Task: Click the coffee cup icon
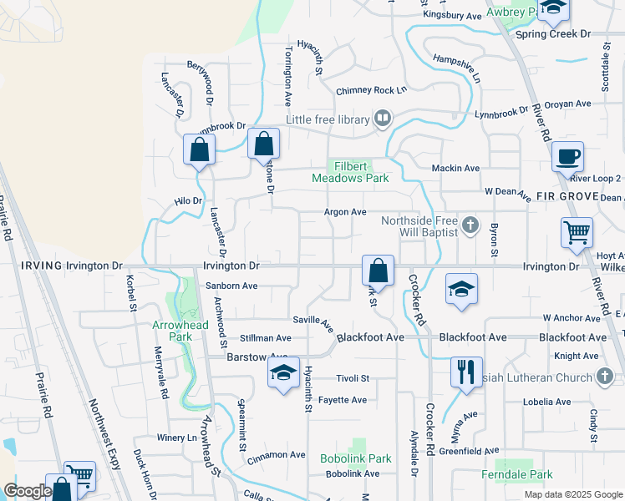coord(567,156)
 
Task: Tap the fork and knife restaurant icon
coord(465,371)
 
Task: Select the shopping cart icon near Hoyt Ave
coord(577,233)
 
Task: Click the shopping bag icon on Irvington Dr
coord(378,271)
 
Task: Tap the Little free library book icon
coord(383,119)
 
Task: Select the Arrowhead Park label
coord(172,331)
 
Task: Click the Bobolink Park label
coord(355,458)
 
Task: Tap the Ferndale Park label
coord(516,474)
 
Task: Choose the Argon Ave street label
coord(345,212)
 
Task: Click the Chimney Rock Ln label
coord(371,90)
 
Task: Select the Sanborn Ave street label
coord(231,286)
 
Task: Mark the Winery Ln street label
coord(175,438)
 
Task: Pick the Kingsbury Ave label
coord(452,15)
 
